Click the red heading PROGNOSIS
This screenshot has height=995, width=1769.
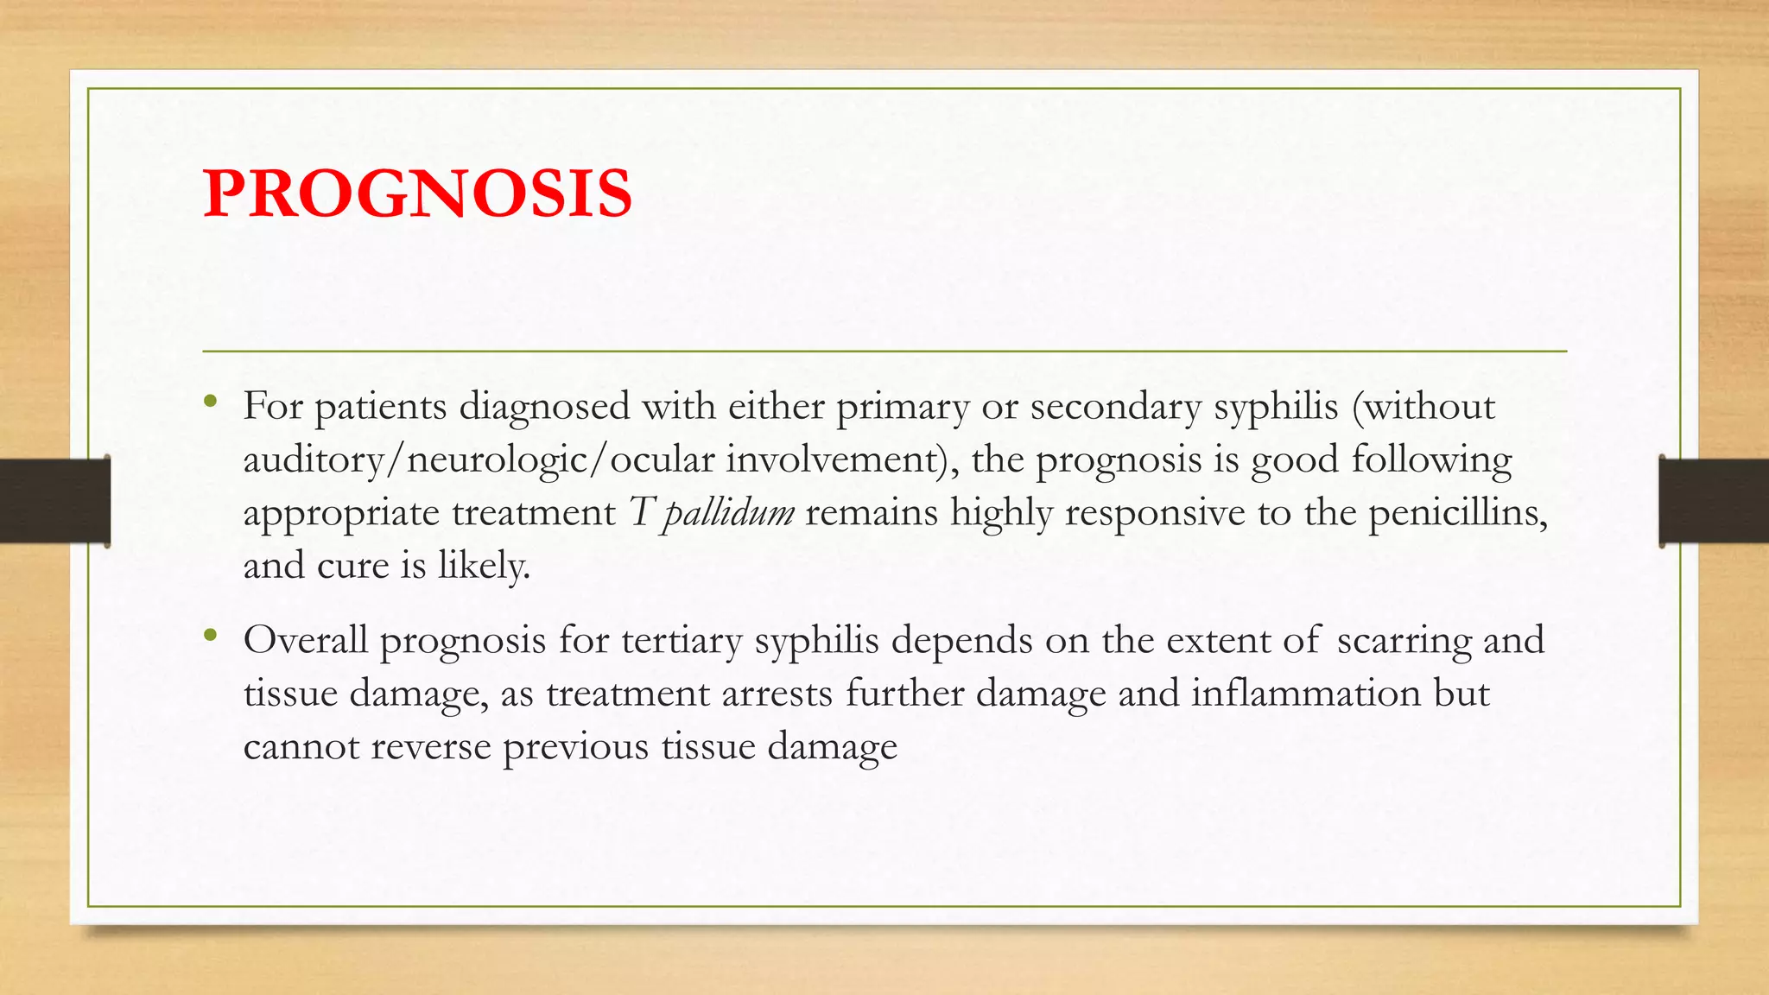coord(417,193)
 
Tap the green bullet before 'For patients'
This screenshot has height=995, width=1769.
coord(210,401)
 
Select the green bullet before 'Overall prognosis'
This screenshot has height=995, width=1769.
coord(210,636)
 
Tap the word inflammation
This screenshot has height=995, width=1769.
coord(1305,694)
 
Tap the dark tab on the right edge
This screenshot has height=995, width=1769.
coord(1714,501)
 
